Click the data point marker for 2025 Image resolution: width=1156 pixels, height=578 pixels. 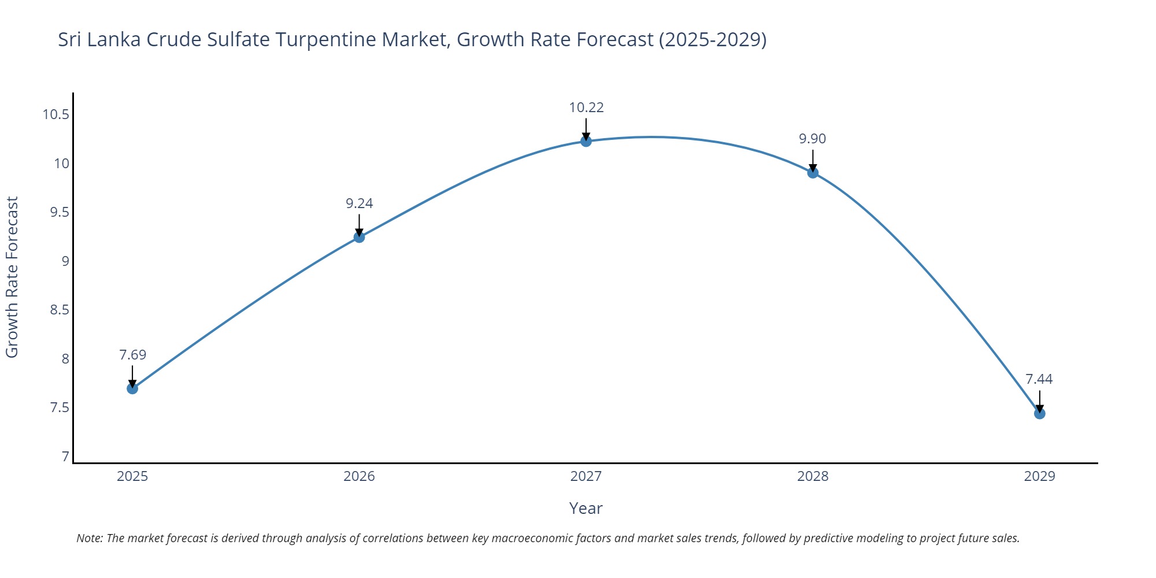132,388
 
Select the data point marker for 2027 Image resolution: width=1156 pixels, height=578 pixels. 586,141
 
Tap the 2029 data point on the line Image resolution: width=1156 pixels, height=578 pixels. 1039,413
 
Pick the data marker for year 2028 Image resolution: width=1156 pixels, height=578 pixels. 813,172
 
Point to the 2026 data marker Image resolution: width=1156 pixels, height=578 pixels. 359,237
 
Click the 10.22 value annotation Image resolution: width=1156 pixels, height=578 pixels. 586,108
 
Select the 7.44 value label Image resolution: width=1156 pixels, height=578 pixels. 1039,379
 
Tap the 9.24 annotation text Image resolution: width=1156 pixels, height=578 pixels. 359,203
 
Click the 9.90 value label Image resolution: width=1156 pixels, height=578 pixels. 813,139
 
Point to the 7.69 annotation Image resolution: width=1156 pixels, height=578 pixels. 132,355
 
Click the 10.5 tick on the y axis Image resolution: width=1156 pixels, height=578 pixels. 55,114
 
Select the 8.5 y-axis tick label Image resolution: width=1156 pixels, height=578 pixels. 59,310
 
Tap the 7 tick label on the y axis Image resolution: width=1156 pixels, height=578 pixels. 65,457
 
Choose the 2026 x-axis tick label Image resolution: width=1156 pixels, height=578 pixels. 359,476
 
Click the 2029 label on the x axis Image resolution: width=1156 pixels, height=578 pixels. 1039,476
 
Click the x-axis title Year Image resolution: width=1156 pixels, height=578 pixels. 586,509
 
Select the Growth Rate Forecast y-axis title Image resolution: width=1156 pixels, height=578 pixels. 12,277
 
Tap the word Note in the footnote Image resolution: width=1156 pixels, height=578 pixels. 89,538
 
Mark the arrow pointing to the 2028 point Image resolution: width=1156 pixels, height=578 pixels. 813,160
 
